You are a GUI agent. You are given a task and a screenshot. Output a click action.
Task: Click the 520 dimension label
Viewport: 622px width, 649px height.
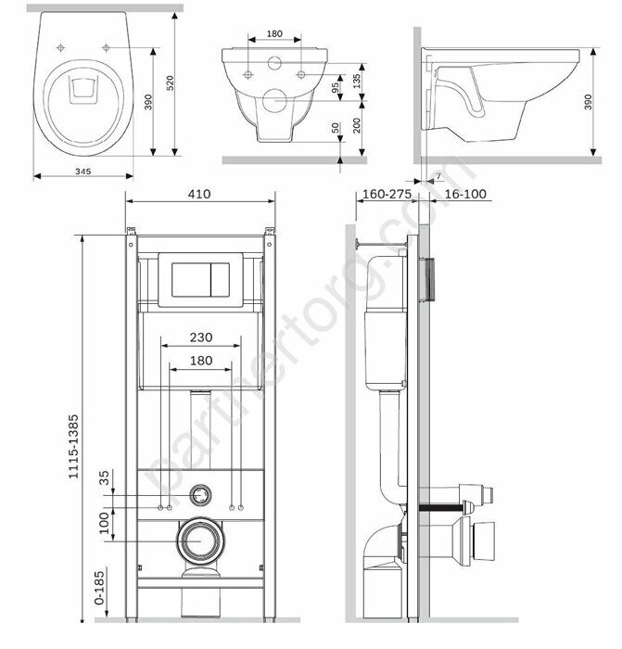coord(170,83)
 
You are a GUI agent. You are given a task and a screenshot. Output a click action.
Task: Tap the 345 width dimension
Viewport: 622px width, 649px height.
coord(83,171)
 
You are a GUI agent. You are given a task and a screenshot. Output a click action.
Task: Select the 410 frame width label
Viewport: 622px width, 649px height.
coord(199,194)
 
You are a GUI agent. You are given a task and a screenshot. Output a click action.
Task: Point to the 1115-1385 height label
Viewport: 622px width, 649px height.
coord(73,447)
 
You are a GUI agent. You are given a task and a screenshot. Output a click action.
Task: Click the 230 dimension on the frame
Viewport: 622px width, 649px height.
coord(201,337)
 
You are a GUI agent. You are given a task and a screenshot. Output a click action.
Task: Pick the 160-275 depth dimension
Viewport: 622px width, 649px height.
coord(387,194)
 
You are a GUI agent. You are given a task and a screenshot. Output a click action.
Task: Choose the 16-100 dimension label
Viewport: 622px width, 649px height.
coord(465,194)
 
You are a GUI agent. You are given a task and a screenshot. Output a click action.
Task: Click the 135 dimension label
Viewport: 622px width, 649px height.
coord(357,82)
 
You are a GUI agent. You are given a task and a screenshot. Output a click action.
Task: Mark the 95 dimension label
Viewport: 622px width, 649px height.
coord(335,86)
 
